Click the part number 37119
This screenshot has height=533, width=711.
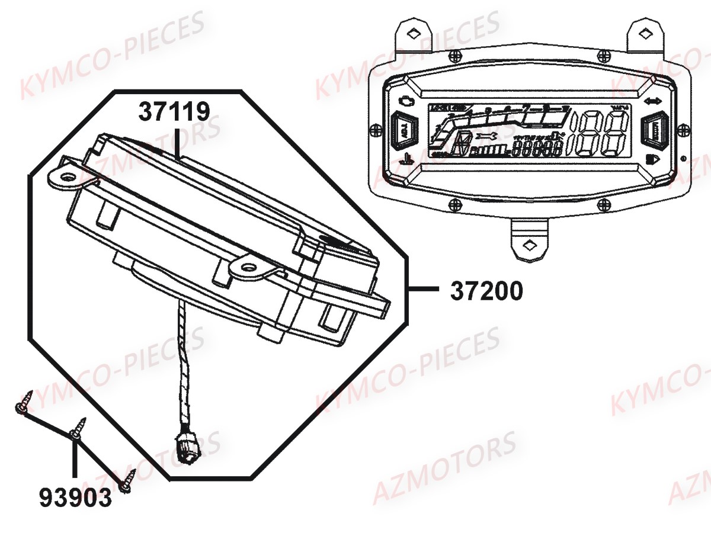coord(175,111)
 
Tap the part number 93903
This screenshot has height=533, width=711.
coord(75,497)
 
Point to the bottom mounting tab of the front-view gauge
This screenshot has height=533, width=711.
coord(530,243)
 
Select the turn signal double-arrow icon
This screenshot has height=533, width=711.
coord(654,101)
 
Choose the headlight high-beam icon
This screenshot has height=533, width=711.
coord(653,159)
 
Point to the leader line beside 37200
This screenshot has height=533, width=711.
coord(424,290)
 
